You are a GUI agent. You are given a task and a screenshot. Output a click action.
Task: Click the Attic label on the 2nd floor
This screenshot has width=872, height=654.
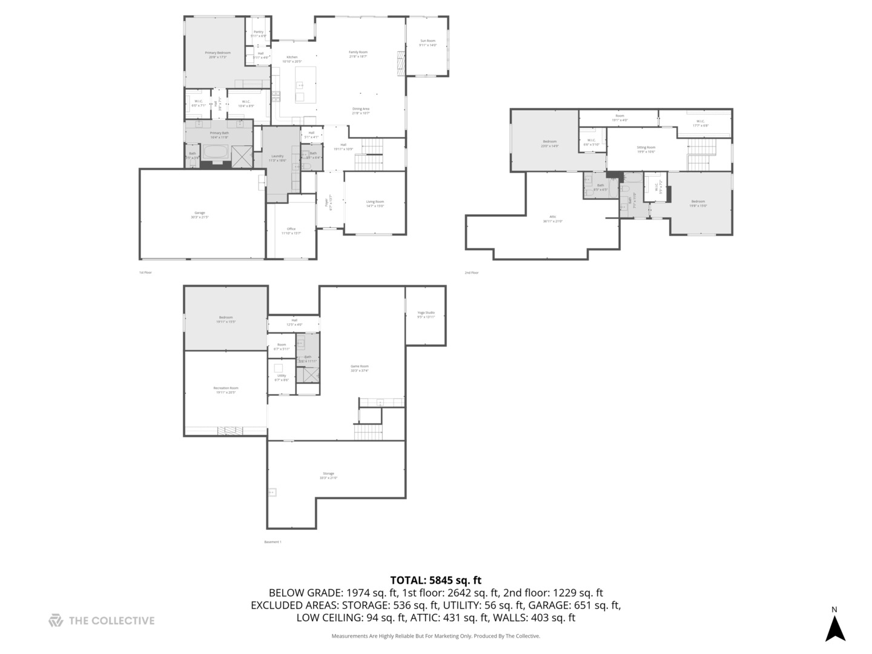[552, 219]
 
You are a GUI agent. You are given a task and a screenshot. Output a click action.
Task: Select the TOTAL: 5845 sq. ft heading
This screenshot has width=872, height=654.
[435, 580]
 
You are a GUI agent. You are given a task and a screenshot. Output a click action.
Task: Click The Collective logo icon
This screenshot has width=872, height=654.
[56, 620]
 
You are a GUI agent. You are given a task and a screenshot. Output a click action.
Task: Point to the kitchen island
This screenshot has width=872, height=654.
[306, 85]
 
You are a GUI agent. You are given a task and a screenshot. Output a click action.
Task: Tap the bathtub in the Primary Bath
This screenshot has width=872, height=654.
[216, 152]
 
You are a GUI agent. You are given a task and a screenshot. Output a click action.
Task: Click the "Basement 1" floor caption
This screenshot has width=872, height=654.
[272, 542]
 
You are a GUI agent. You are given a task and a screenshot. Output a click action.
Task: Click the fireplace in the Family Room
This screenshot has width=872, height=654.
[400, 64]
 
